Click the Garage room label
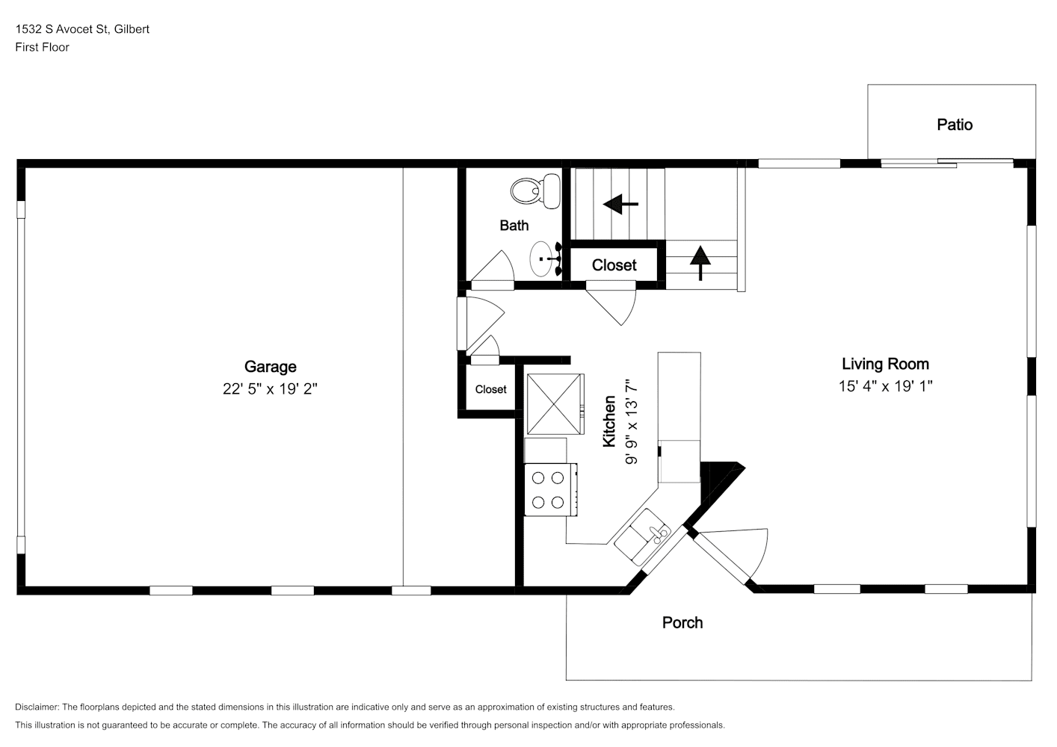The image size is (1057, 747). click(271, 367)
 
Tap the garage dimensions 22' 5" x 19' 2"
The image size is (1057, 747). click(270, 389)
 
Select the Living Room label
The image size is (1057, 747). click(885, 364)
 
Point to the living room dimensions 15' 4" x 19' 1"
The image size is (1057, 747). click(885, 386)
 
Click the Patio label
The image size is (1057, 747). click(955, 125)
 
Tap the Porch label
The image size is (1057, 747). click(682, 623)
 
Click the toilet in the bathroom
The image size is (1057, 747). click(535, 191)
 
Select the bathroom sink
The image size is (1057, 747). click(546, 259)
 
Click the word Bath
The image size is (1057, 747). click(514, 226)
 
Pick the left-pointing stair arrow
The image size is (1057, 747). click(620, 204)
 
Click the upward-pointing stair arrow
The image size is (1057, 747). click(700, 263)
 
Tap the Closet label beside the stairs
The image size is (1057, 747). click(614, 265)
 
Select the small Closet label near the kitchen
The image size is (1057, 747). click(490, 389)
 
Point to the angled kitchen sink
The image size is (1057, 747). click(642, 536)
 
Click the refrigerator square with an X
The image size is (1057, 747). click(555, 404)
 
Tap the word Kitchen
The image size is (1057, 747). click(609, 421)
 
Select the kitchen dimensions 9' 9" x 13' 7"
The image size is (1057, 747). click(632, 421)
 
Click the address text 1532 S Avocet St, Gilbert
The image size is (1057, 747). click(82, 29)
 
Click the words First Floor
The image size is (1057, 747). click(42, 47)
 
